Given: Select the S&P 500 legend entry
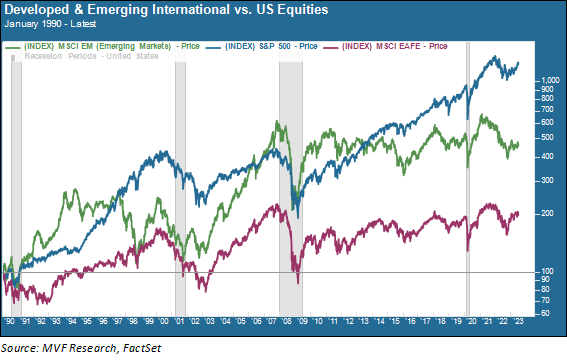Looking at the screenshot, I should point(269,47).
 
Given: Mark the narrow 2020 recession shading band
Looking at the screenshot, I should point(468,180).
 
